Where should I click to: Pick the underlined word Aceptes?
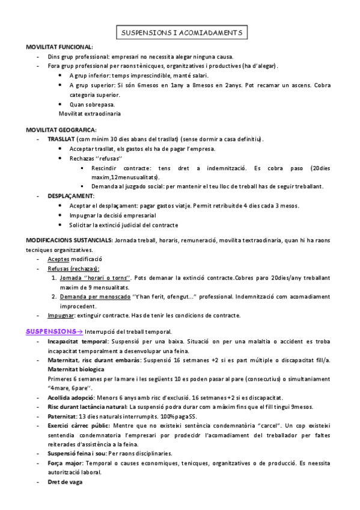59,259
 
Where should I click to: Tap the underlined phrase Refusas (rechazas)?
74,269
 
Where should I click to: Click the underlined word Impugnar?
60,316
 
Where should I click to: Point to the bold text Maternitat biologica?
76,369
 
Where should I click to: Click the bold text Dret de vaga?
65,482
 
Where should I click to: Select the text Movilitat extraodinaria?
90,114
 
